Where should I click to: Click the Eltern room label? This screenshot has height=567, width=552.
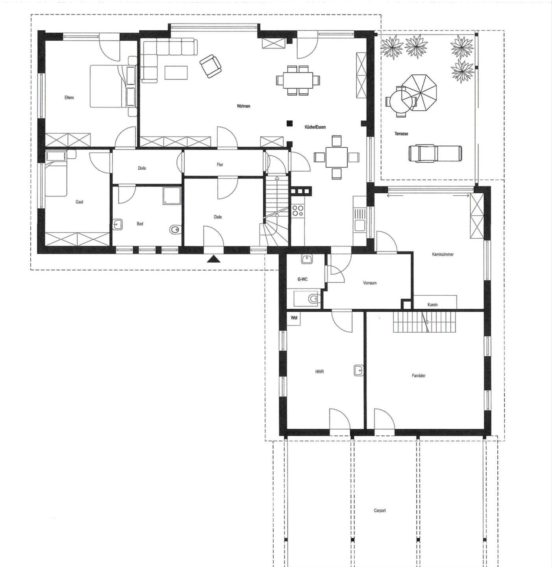69,98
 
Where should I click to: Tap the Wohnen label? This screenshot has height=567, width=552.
243,106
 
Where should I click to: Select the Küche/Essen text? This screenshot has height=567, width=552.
315,127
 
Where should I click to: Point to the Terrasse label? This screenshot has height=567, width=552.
401,134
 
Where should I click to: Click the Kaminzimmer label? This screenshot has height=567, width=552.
443,254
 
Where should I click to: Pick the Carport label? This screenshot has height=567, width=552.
380,511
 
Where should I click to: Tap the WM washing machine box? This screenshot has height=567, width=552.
294,318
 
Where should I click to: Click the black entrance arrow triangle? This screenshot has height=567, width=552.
213,259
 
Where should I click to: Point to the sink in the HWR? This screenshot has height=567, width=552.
358,371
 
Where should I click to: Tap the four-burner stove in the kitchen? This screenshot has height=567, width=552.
298,211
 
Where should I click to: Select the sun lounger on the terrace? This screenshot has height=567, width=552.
435,153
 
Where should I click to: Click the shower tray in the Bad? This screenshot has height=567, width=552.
172,196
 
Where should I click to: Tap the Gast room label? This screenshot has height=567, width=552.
80,202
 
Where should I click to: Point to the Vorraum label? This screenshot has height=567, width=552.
370,283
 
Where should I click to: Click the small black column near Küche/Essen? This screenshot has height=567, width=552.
290,123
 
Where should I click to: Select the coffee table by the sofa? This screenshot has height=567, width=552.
176,72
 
